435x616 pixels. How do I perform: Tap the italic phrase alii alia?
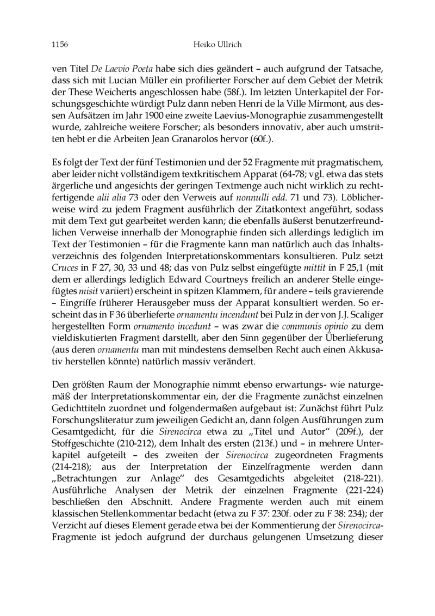click(x=112, y=188)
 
